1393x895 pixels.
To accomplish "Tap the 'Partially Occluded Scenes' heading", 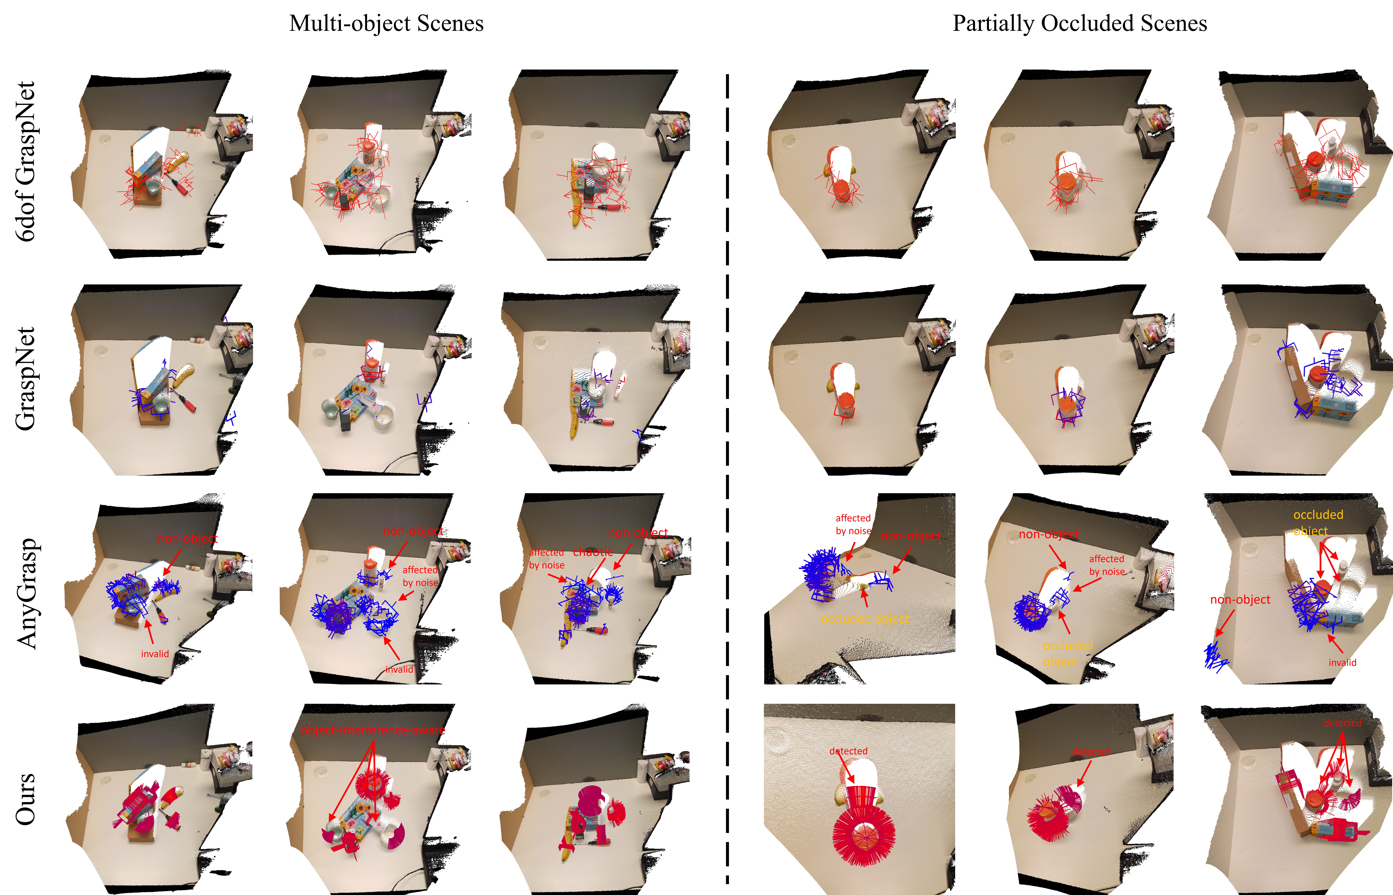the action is pos(1080,23).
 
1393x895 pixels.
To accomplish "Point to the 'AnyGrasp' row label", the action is pos(26,593).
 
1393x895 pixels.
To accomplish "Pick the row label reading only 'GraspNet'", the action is pos(26,379).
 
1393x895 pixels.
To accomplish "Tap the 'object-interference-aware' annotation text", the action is pos(373,730).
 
